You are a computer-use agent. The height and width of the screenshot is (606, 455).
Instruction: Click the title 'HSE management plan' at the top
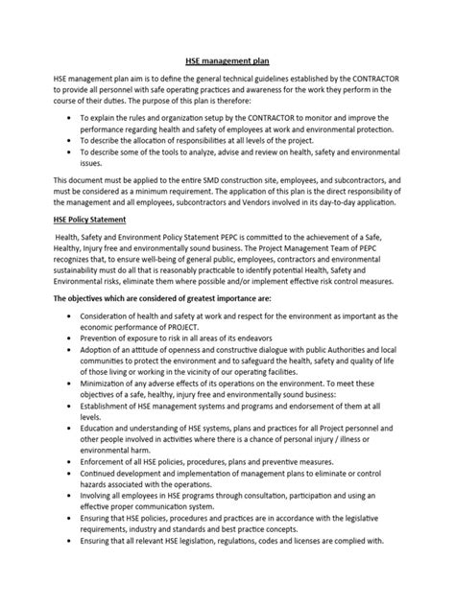[x=227, y=58]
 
